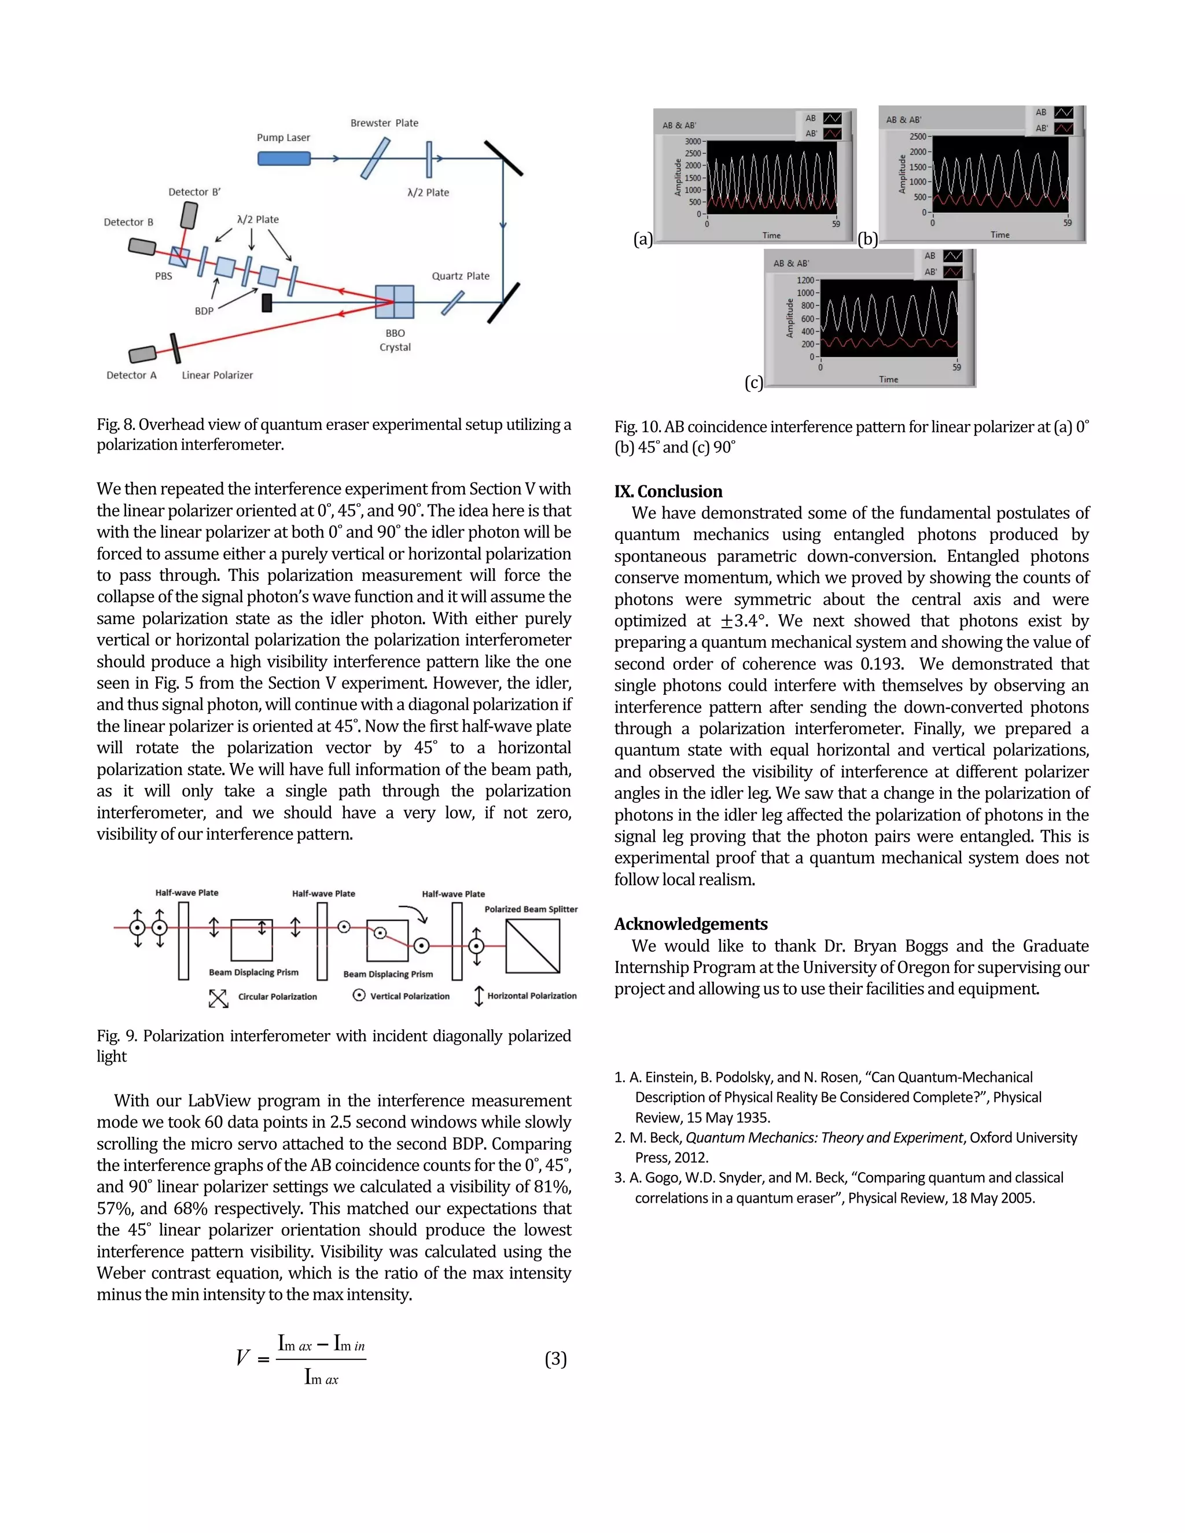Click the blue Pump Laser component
(x=284, y=159)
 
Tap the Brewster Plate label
(x=384, y=123)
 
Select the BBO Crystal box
(x=394, y=302)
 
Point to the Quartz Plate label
(x=461, y=276)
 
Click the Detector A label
(x=131, y=375)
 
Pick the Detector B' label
(x=194, y=191)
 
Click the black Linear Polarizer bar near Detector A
(x=174, y=348)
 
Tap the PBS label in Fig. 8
(x=164, y=277)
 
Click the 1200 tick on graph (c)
(x=805, y=280)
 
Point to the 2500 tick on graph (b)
(x=918, y=136)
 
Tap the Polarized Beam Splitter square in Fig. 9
(x=532, y=946)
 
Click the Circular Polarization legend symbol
(x=218, y=998)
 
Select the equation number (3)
(x=555, y=1359)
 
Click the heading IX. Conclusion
(x=668, y=491)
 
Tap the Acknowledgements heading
(x=691, y=924)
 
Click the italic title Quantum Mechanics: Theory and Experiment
(x=823, y=1138)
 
